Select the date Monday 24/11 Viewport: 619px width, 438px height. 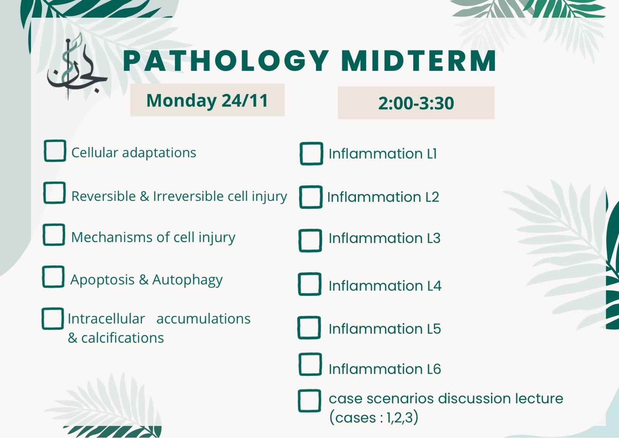pyautogui.click(x=207, y=100)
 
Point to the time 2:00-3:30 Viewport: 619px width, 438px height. pyautogui.click(x=416, y=103)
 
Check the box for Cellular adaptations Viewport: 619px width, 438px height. pyautogui.click(x=55, y=151)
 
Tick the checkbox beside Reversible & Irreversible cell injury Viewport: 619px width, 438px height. pyautogui.click(x=55, y=193)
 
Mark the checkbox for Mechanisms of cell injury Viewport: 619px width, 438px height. pyautogui.click(x=54, y=234)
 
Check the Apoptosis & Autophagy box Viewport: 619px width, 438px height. pyautogui.click(x=53, y=277)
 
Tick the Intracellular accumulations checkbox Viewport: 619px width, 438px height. pyautogui.click(x=53, y=318)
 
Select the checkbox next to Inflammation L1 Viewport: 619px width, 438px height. pyautogui.click(x=311, y=153)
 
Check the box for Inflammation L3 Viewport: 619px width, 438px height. pyautogui.click(x=310, y=240)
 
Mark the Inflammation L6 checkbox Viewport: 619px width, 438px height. pyautogui.click(x=310, y=364)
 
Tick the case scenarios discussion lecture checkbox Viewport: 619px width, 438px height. pyautogui.click(x=309, y=401)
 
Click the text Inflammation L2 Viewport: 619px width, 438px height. pyautogui.click(x=383, y=197)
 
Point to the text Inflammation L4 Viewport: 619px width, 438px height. pyautogui.click(x=385, y=286)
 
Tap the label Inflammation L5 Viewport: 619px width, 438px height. pyautogui.click(x=385, y=329)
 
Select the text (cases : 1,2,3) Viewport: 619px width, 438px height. pyautogui.click(x=374, y=417)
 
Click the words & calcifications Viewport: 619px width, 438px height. pyautogui.click(x=116, y=338)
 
